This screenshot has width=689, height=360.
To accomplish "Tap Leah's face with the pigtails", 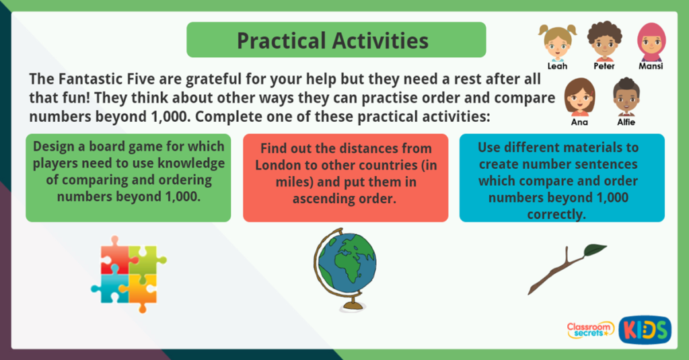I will [x=557, y=42].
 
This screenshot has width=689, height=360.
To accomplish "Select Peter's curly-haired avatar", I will [x=604, y=42].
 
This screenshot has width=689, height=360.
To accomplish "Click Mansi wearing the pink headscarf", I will [x=651, y=42].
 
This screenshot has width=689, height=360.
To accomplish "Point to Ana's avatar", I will [x=579, y=98].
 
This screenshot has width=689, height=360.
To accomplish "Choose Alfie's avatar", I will [x=626, y=98].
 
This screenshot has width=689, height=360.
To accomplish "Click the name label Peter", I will [x=604, y=66].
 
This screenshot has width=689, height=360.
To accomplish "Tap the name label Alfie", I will [x=626, y=122].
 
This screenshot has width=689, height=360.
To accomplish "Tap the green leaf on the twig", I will [x=595, y=250].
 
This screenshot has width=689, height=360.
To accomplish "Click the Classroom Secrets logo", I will [x=590, y=329].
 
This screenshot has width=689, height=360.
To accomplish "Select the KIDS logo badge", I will [x=644, y=329].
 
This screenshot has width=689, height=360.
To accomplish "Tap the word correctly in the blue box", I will [x=562, y=214].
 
